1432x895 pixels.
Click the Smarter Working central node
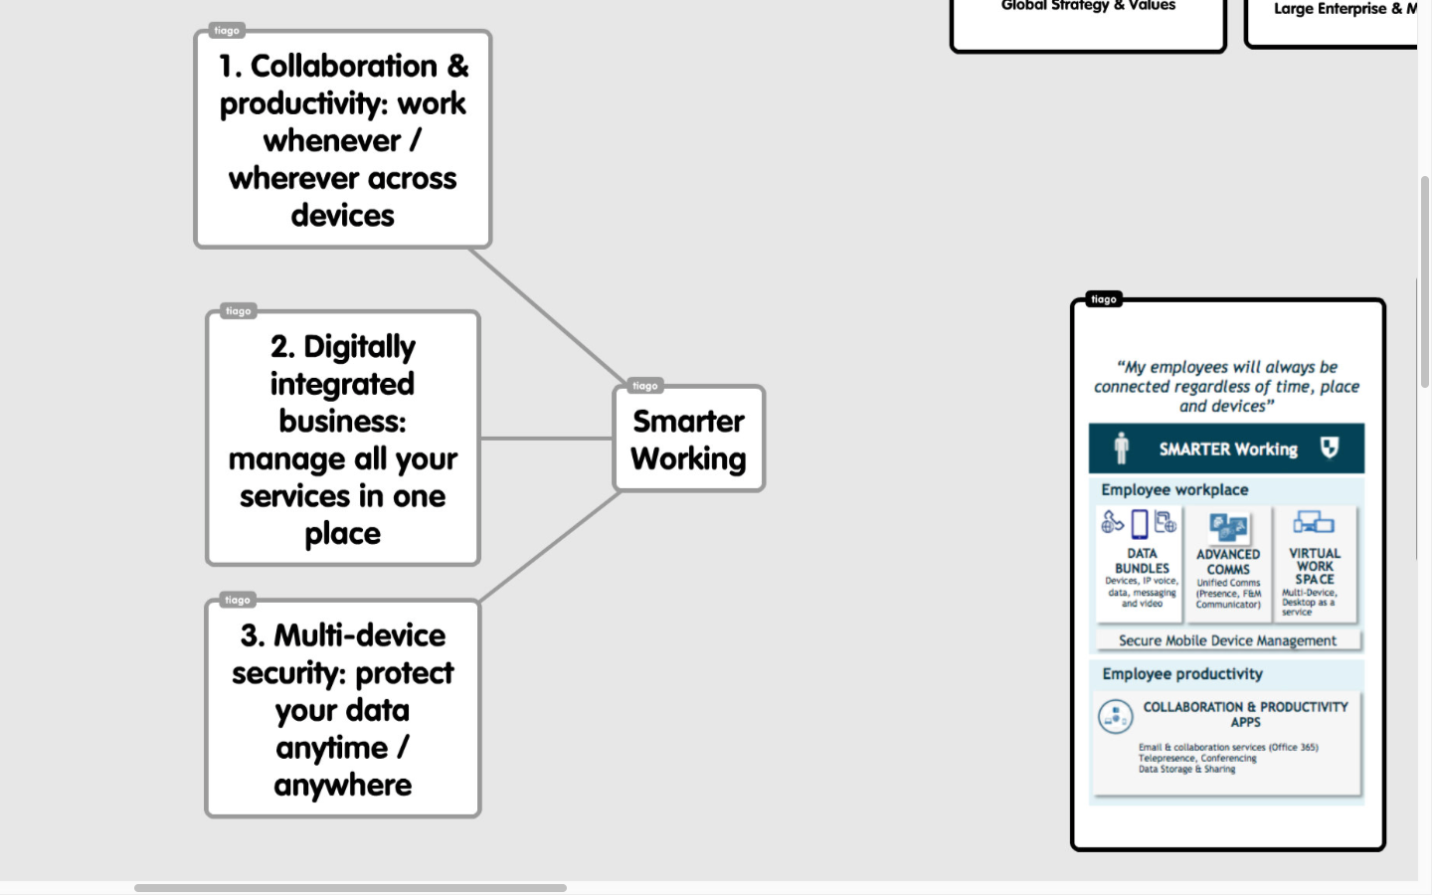(689, 440)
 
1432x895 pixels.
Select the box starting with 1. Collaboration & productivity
(343, 140)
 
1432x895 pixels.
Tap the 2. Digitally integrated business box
(343, 440)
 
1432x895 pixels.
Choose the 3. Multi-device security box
(343, 710)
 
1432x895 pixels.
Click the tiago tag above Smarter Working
(645, 386)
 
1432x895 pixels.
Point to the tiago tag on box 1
(227, 31)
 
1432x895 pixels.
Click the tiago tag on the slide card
(1104, 299)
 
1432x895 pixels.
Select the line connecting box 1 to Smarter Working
(547, 315)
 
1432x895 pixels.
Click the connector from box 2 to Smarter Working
(547, 439)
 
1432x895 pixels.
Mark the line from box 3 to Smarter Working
(550, 546)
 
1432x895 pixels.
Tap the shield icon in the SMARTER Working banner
(1330, 447)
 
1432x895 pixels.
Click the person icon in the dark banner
(1122, 448)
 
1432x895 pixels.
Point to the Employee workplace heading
(1174, 490)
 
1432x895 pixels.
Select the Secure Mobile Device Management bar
(1227, 641)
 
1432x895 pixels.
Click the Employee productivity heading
(1182, 674)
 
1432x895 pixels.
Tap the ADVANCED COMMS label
(1228, 562)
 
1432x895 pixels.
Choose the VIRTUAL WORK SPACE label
(1315, 566)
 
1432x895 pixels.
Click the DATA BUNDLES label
(1142, 561)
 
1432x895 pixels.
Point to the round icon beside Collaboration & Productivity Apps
(1116, 716)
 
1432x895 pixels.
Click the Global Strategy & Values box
(1088, 20)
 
